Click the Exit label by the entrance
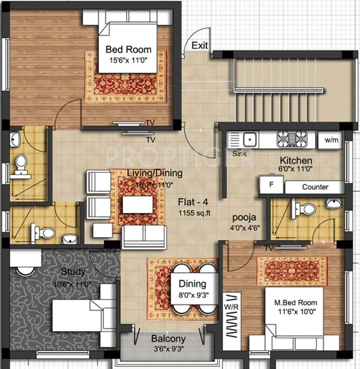[x=200, y=46]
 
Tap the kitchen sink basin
[x=249, y=140]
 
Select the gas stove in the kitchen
[x=291, y=139]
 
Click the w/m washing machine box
[x=331, y=140]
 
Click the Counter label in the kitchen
[x=315, y=187]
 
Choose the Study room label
[x=73, y=272]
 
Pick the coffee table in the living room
[x=137, y=205]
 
